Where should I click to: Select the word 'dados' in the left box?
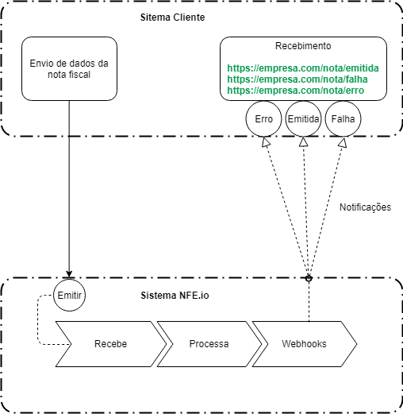(81, 63)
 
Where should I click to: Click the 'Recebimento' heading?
(303, 47)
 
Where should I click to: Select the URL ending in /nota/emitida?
(303, 68)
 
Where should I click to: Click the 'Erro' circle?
(264, 119)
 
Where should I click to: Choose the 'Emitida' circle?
(303, 119)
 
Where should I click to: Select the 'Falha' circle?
(343, 119)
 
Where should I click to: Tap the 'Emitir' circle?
(70, 296)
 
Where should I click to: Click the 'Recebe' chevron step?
(110, 344)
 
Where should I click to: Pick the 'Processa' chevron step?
(209, 344)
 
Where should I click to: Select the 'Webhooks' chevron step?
(304, 344)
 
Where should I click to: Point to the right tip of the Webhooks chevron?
(355, 344)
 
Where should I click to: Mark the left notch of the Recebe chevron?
(71, 344)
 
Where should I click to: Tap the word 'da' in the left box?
(102, 63)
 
